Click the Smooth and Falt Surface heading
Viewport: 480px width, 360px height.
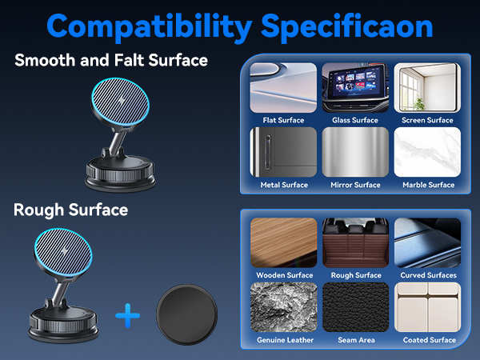coord(111,60)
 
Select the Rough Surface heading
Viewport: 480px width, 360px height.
coord(70,210)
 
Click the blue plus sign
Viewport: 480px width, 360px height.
coord(128,316)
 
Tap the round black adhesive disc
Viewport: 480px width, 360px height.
coord(186,315)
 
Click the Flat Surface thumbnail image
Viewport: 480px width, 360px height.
coord(283,88)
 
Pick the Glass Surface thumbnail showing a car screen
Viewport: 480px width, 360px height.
coord(354,88)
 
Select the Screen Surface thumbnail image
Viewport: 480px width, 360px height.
coord(427,88)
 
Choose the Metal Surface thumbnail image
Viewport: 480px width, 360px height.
coord(283,152)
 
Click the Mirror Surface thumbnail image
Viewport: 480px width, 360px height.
coord(354,152)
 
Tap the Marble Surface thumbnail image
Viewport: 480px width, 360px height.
coord(427,152)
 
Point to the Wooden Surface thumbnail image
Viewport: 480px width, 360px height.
coord(283,242)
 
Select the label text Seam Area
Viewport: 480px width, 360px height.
coord(355,340)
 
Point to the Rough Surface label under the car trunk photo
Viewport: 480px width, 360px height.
coord(355,275)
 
